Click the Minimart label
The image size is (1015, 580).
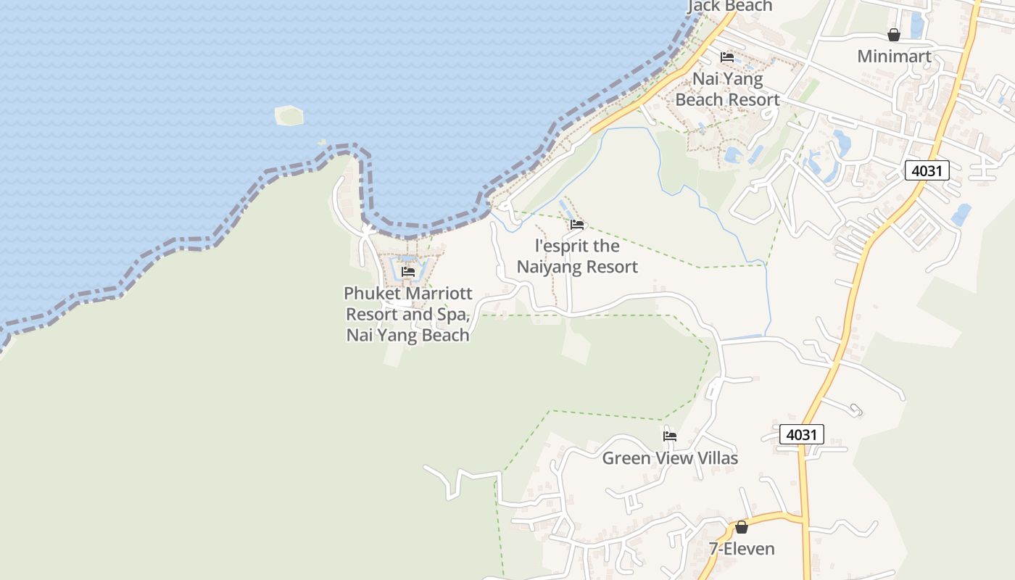[x=894, y=56]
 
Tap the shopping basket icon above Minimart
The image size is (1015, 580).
[x=894, y=35]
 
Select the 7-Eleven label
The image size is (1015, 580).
[x=742, y=549]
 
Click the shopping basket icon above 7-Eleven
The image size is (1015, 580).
[x=742, y=527]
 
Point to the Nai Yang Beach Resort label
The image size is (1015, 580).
[x=728, y=89]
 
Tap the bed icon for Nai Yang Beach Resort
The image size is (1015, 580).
[x=727, y=57]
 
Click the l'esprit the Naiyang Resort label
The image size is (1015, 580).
[x=578, y=256]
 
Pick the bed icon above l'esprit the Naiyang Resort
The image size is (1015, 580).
[x=577, y=225]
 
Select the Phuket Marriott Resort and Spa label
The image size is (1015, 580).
[x=408, y=314]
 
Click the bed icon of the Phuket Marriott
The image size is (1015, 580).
[x=408, y=272]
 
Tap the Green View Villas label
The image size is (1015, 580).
[x=670, y=458]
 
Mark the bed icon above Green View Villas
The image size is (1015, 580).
[x=670, y=436]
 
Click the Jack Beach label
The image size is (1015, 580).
[x=729, y=6]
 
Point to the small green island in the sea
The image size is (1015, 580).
[x=289, y=115]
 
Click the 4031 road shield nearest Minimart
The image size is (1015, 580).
[x=927, y=170]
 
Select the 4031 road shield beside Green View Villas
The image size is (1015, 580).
[x=802, y=434]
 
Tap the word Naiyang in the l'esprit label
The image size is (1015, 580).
[x=547, y=267]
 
